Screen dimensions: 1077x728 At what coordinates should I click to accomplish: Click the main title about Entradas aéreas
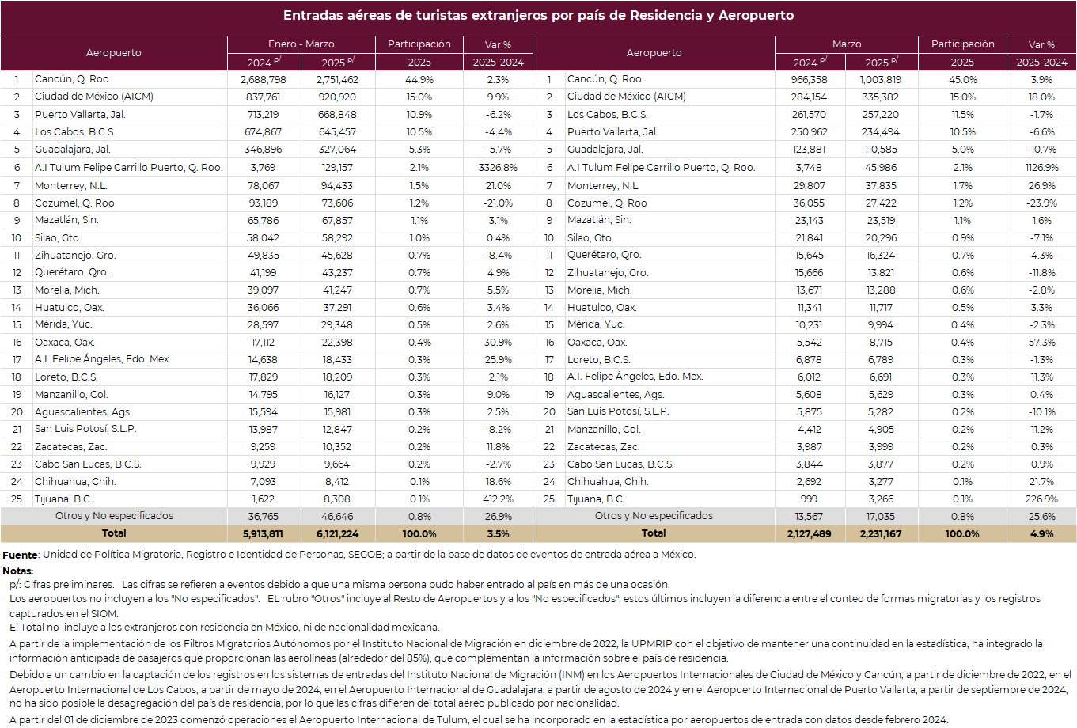538,15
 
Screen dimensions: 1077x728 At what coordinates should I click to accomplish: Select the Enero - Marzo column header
301,44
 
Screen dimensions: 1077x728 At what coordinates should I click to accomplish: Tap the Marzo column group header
846,44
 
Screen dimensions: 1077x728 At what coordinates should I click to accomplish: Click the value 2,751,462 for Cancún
337,80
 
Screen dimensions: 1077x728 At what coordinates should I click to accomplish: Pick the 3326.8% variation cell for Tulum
498,168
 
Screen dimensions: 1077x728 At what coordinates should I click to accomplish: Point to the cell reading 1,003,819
880,80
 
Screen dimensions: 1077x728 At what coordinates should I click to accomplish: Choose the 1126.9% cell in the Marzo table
1041,168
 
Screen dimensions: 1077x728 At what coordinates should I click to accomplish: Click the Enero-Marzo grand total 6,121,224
337,534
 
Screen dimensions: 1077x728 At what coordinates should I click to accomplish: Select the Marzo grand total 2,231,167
880,534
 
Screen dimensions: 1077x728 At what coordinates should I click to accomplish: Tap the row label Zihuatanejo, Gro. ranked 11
75,256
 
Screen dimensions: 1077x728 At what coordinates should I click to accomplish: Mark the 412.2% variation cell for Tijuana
498,499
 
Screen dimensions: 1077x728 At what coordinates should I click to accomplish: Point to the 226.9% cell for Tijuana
1041,499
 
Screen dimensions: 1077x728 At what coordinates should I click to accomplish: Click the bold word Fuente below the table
20,555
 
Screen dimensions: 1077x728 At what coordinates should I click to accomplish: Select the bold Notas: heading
17,571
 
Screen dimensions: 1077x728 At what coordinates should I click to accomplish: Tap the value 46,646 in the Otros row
337,517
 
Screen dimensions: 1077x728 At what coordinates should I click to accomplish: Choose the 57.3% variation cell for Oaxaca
1041,343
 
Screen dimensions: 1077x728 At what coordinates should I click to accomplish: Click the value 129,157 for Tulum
337,168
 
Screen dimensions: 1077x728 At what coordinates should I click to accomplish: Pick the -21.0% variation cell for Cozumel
498,203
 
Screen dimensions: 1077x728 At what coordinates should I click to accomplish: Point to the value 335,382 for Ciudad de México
880,97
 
